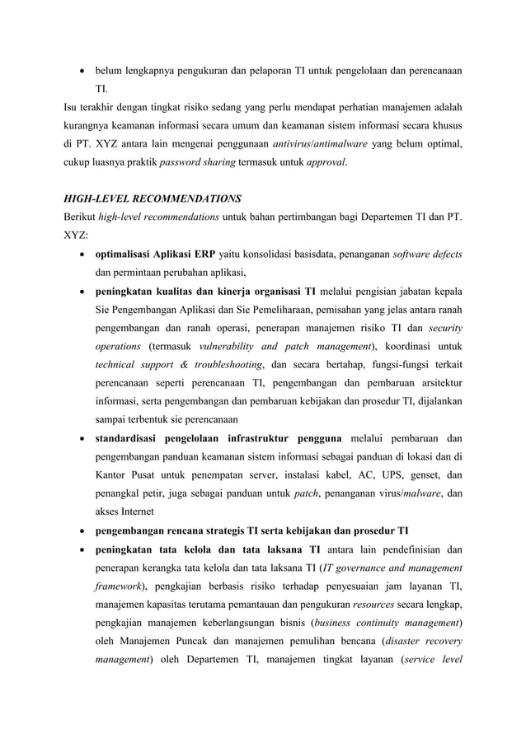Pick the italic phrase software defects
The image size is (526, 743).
coord(425,253)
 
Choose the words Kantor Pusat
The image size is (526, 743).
coord(126,474)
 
